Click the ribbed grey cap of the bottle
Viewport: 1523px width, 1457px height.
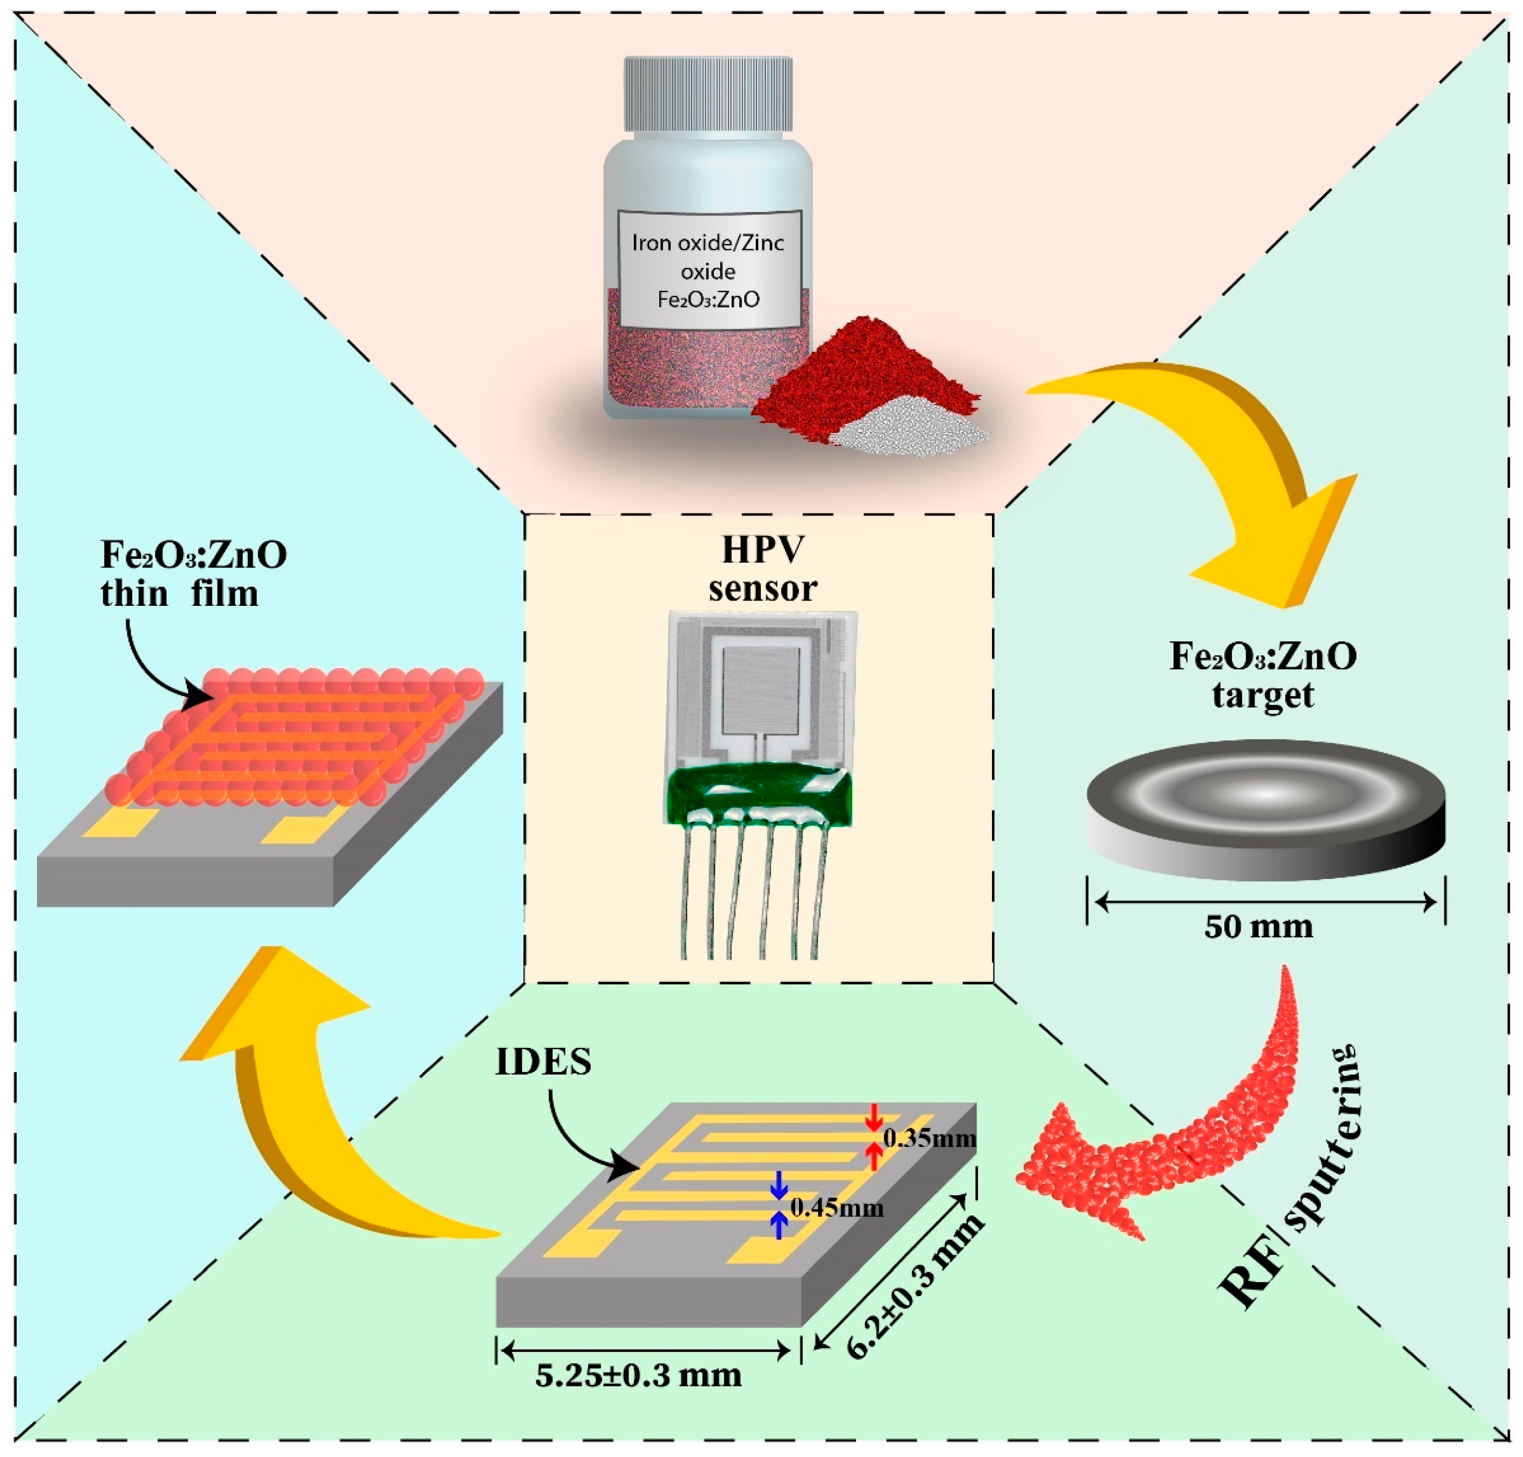(x=708, y=93)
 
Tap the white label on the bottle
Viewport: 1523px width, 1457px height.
(x=708, y=269)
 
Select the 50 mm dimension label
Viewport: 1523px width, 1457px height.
(x=1258, y=927)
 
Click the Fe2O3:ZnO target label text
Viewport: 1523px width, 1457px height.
(x=1263, y=674)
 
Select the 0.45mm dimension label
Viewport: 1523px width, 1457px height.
(x=836, y=1208)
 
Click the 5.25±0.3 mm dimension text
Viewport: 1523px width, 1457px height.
(x=639, y=1375)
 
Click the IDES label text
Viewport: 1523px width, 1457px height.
(x=543, y=1062)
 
